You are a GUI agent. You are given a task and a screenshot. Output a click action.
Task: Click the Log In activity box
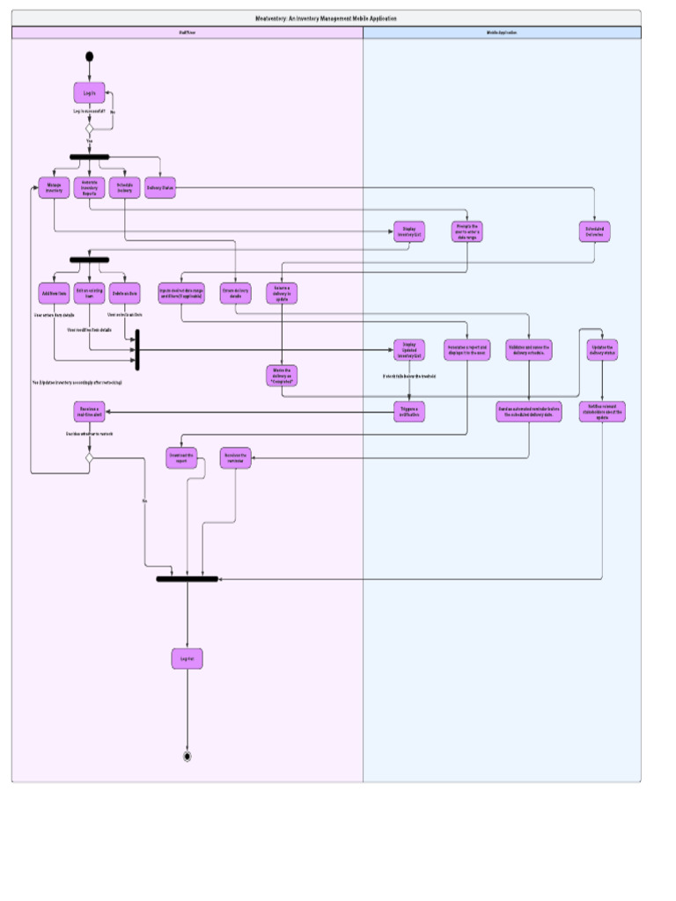89,93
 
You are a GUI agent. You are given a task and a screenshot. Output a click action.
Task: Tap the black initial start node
89,57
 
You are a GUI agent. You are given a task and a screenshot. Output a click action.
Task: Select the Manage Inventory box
54,187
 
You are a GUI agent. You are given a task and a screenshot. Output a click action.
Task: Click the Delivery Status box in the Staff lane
160,187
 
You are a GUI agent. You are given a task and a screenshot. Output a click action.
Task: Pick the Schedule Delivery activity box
125,187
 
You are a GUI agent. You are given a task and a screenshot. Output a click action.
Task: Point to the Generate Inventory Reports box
89,187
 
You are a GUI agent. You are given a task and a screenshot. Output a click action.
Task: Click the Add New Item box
54,293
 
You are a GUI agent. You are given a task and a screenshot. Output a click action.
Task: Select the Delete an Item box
125,293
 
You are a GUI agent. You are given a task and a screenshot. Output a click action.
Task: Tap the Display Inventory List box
409,232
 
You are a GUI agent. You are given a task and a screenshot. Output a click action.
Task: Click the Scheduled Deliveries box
594,232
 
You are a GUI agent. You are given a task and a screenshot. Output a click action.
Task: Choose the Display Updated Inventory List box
409,350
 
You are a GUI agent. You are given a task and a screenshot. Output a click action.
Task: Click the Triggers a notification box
409,412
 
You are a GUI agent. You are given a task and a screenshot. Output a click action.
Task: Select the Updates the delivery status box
602,350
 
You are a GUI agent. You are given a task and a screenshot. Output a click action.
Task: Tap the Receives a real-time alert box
89,412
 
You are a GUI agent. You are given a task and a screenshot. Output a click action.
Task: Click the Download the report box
181,458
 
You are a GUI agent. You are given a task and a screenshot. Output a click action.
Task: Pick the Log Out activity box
187,658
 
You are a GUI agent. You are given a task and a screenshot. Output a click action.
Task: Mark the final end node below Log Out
187,756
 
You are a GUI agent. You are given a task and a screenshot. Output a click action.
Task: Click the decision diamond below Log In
89,129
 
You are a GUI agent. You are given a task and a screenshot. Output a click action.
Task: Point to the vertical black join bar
137,350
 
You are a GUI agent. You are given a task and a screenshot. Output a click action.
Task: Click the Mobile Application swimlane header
502,33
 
